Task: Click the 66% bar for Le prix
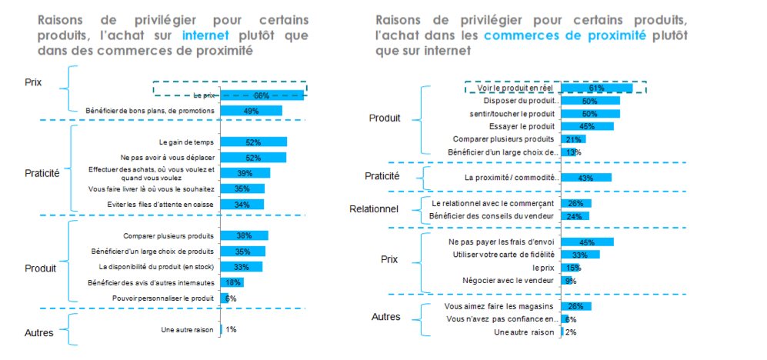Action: [x=262, y=95]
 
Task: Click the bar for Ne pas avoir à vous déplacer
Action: [x=253, y=158]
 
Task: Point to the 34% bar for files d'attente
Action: [x=242, y=205]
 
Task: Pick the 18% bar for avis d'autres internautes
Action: [x=232, y=282]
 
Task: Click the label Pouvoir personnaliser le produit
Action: [x=163, y=298]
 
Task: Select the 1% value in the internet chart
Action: [x=231, y=329]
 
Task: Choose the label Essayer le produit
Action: [x=522, y=126]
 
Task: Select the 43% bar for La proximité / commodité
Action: [x=585, y=178]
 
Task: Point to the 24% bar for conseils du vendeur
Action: [x=575, y=216]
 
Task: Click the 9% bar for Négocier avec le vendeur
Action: [x=566, y=281]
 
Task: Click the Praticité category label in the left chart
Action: [x=42, y=174]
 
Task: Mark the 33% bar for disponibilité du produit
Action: [x=242, y=267]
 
